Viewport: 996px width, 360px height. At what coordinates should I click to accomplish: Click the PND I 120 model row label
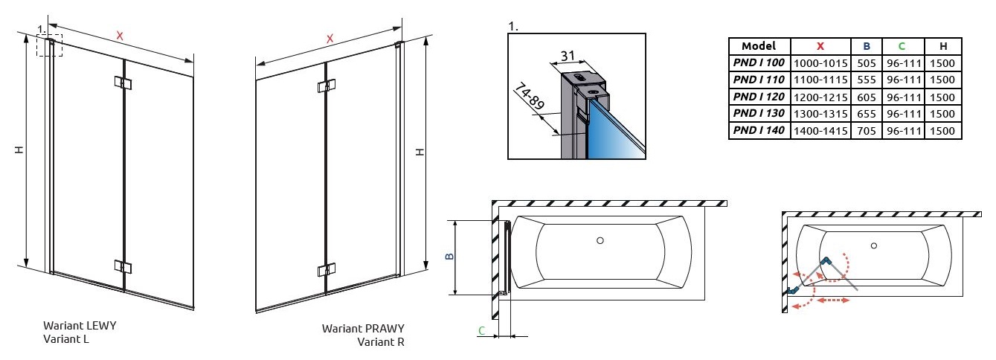[758, 97]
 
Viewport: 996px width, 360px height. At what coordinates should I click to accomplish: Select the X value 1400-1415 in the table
[820, 131]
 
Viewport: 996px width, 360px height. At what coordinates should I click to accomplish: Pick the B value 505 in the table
[867, 63]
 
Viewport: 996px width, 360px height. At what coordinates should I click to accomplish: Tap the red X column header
[820, 46]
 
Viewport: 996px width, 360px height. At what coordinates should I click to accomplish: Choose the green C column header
[902, 46]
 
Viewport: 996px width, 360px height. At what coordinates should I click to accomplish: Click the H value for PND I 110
[942, 80]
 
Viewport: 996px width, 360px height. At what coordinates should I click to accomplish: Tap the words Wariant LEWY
[80, 326]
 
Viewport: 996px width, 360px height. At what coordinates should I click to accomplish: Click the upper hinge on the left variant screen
[123, 83]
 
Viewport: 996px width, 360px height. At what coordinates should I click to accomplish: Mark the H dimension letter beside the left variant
[20, 150]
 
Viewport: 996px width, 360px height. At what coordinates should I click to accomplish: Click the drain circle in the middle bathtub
[600, 240]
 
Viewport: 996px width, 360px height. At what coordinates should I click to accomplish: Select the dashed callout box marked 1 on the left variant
[50, 45]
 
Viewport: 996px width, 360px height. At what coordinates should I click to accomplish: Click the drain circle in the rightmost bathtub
[873, 245]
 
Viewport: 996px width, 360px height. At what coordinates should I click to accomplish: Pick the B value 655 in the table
[867, 114]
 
